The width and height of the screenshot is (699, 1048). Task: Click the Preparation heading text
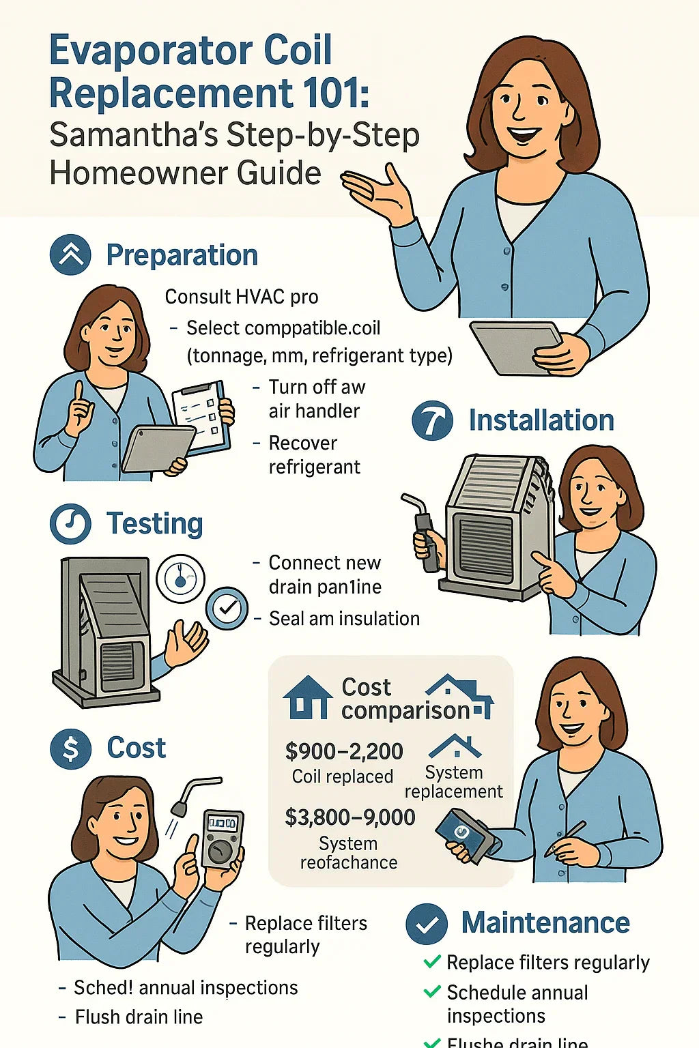[182, 255]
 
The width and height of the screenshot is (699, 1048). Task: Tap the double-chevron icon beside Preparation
[70, 254]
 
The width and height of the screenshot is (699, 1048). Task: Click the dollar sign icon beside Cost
[70, 748]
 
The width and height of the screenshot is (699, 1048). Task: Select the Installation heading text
[541, 420]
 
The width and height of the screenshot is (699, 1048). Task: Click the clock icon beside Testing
[70, 524]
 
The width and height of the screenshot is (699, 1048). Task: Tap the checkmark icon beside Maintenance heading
[427, 924]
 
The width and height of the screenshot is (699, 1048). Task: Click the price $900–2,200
[344, 751]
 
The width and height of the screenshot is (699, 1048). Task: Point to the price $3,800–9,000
[349, 817]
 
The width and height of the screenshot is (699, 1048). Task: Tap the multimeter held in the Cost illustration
[222, 839]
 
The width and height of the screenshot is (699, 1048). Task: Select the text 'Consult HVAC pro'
[242, 297]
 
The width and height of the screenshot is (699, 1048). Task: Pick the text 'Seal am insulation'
[344, 619]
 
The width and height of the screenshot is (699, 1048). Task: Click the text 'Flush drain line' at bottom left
[139, 1017]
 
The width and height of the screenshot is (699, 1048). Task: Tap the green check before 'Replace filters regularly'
[432, 962]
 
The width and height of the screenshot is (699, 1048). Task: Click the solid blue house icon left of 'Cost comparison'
[308, 698]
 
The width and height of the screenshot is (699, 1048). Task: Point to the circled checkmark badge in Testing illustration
[227, 608]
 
